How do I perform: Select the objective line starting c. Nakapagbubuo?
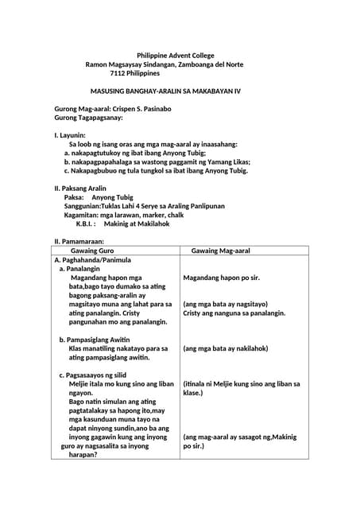157,170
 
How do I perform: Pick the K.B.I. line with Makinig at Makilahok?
122,223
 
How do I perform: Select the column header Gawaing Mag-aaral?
221,250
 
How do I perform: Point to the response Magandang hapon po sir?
222,278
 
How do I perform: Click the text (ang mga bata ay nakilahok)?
226,348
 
